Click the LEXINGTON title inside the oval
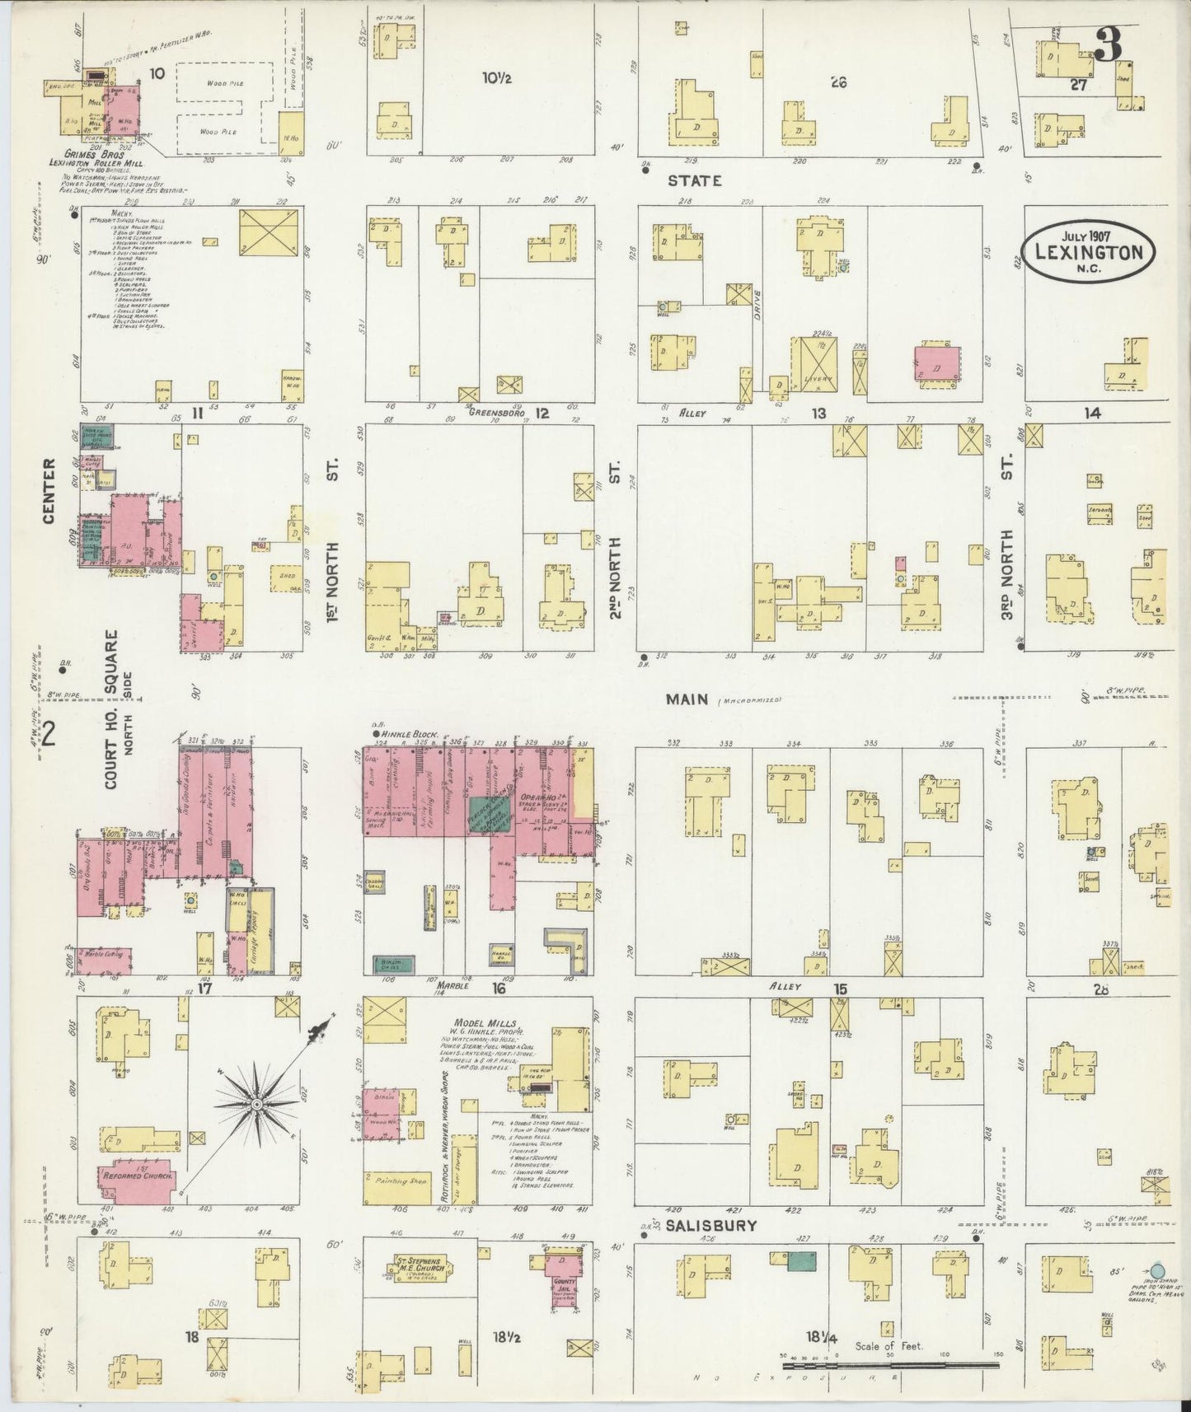pos(1089,252)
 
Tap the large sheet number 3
pos(1108,44)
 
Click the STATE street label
pos(695,180)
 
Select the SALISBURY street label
pos(711,1225)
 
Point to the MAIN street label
pos(687,699)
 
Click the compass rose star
pos(257,1103)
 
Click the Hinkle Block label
pos(409,733)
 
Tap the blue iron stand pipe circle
pos(1157,1272)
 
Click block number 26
pos(839,82)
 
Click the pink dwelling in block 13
pos(938,363)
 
